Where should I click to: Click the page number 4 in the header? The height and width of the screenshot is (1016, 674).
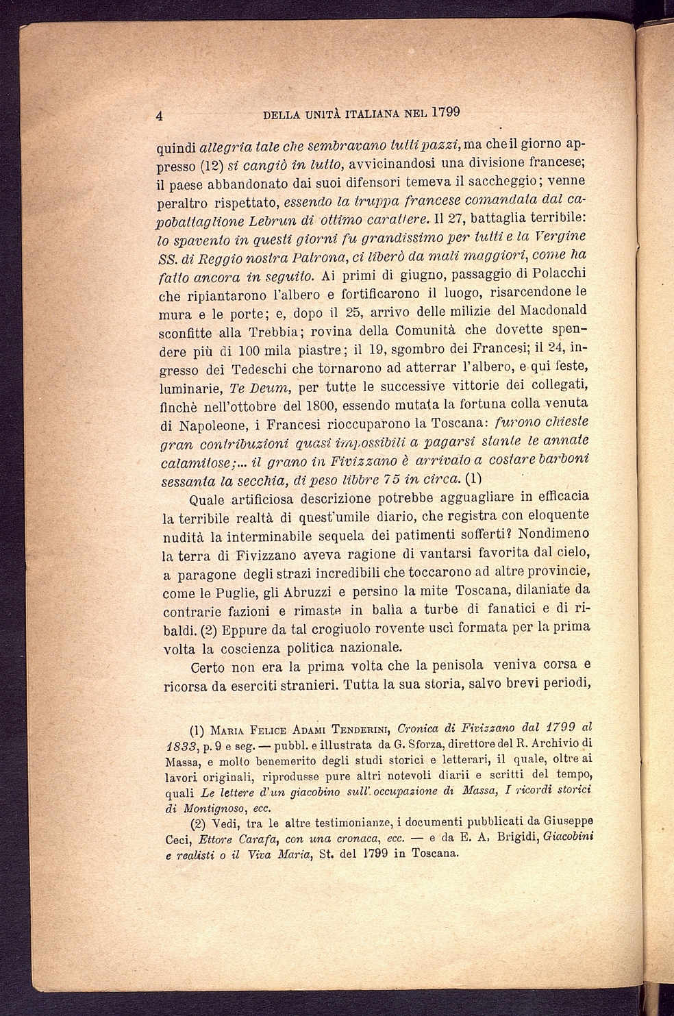[x=159, y=116]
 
